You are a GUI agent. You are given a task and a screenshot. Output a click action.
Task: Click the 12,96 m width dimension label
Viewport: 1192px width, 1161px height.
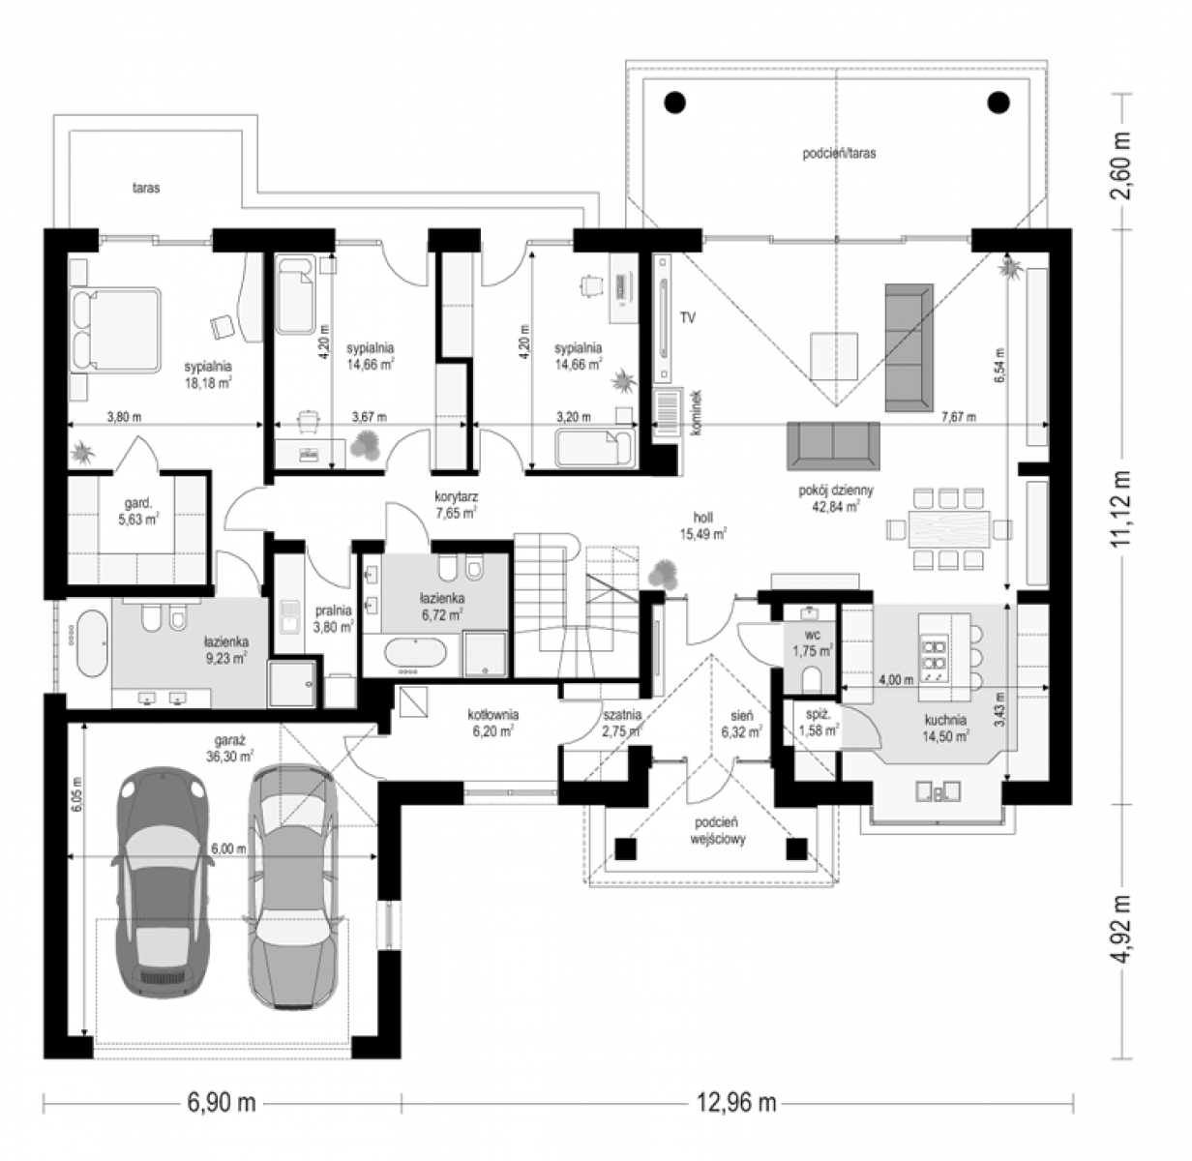[736, 1103]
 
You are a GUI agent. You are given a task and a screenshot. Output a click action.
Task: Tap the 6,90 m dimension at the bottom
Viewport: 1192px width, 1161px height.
[222, 1103]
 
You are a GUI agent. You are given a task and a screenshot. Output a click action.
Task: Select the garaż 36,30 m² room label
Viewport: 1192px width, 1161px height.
[229, 748]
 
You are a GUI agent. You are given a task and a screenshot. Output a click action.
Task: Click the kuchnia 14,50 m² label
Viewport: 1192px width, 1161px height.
[945, 728]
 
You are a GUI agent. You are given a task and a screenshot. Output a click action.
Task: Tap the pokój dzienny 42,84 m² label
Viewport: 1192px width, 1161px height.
[836, 498]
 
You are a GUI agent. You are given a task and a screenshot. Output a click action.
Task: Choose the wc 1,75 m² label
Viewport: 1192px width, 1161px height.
[813, 643]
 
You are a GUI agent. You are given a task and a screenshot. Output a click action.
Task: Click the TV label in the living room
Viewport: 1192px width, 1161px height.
[687, 318]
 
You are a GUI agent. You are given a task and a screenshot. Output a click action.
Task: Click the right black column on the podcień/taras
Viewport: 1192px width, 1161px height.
[999, 102]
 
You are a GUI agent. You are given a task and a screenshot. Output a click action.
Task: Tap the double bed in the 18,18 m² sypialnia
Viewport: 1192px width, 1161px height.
[116, 330]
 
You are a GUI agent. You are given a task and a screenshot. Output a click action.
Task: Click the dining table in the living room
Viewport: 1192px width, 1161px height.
[949, 528]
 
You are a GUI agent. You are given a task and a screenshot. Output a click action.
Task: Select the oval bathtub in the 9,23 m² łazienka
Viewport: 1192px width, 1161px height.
[93, 642]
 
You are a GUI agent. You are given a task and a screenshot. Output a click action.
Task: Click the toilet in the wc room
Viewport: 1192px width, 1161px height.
[812, 679]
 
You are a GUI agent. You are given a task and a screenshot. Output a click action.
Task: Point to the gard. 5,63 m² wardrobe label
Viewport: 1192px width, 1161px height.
[138, 512]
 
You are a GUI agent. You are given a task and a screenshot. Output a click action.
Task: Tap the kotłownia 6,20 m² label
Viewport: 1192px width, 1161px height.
[493, 723]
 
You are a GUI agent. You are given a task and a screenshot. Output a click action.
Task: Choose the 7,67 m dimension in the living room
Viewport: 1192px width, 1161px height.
[959, 417]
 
